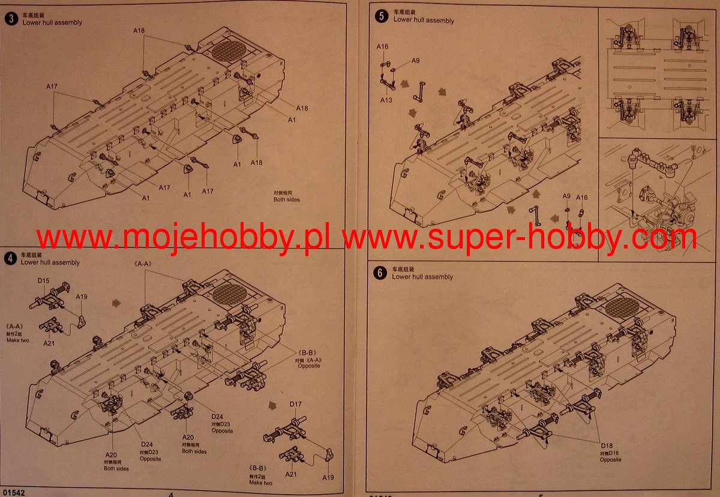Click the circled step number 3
[11, 19]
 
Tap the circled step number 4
[10, 259]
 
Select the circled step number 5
[381, 16]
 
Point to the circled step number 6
[380, 273]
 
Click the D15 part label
[43, 280]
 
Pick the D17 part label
[296, 404]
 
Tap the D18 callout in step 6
[608, 445]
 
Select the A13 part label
[386, 100]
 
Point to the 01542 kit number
[13, 492]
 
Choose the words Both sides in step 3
[286, 200]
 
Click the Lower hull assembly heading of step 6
[422, 277]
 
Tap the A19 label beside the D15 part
[82, 297]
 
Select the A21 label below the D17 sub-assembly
[291, 474]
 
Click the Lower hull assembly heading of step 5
[424, 20]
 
